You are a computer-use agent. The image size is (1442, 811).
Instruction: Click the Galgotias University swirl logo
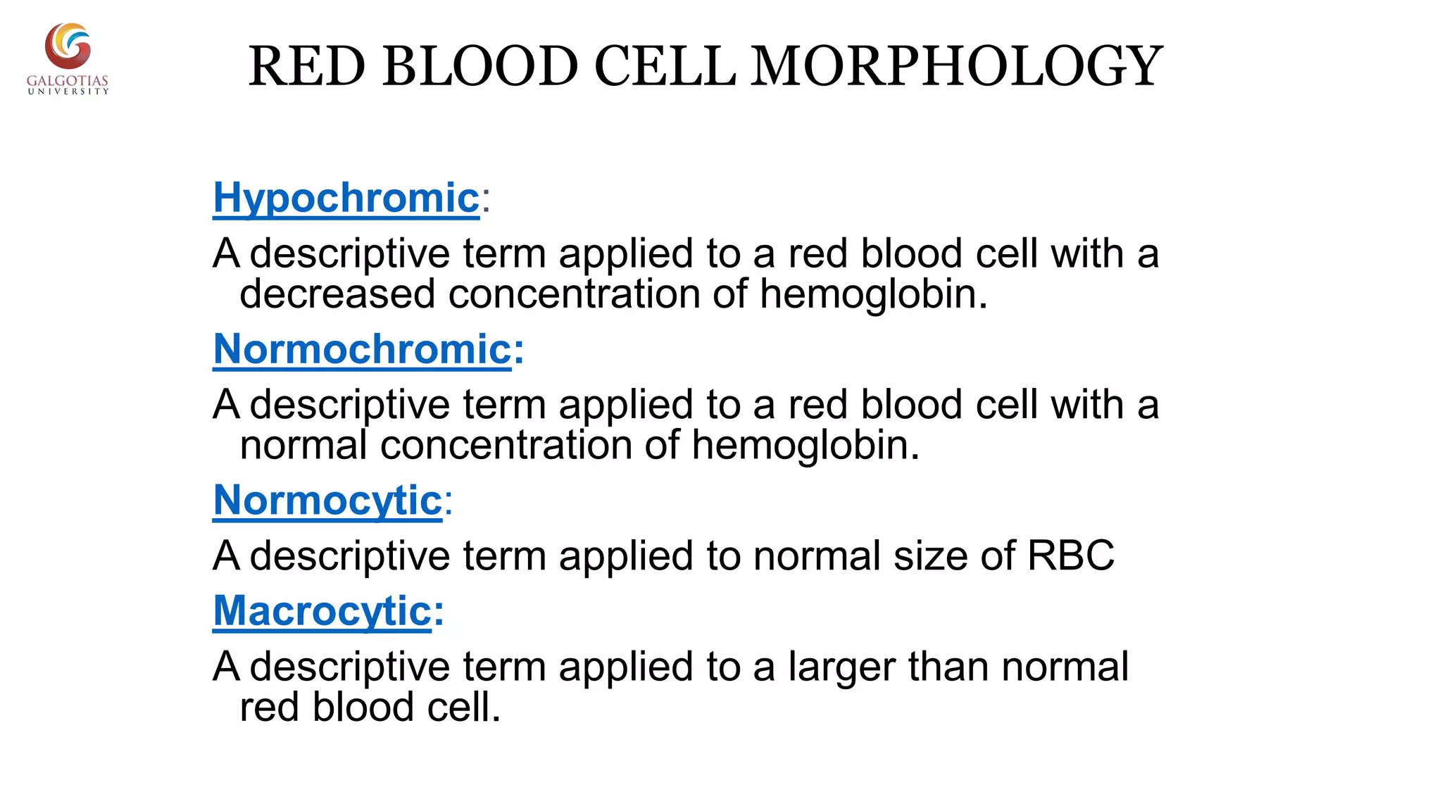pyautogui.click(x=68, y=46)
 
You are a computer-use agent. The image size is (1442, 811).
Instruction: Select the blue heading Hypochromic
pyautogui.click(x=346, y=198)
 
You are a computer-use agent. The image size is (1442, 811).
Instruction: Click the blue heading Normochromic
pyautogui.click(x=362, y=349)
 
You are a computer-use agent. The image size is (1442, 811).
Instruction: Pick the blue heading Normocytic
pyautogui.click(x=327, y=501)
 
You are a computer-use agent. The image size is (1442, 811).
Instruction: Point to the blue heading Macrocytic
pyautogui.click(x=322, y=610)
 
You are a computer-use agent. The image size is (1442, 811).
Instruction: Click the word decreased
pyautogui.click(x=337, y=294)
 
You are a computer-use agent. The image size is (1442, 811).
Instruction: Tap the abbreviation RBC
pyautogui.click(x=1070, y=555)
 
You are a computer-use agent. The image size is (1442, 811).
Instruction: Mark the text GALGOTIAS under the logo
pyautogui.click(x=68, y=81)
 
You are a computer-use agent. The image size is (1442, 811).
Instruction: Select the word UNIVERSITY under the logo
pyautogui.click(x=68, y=92)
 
